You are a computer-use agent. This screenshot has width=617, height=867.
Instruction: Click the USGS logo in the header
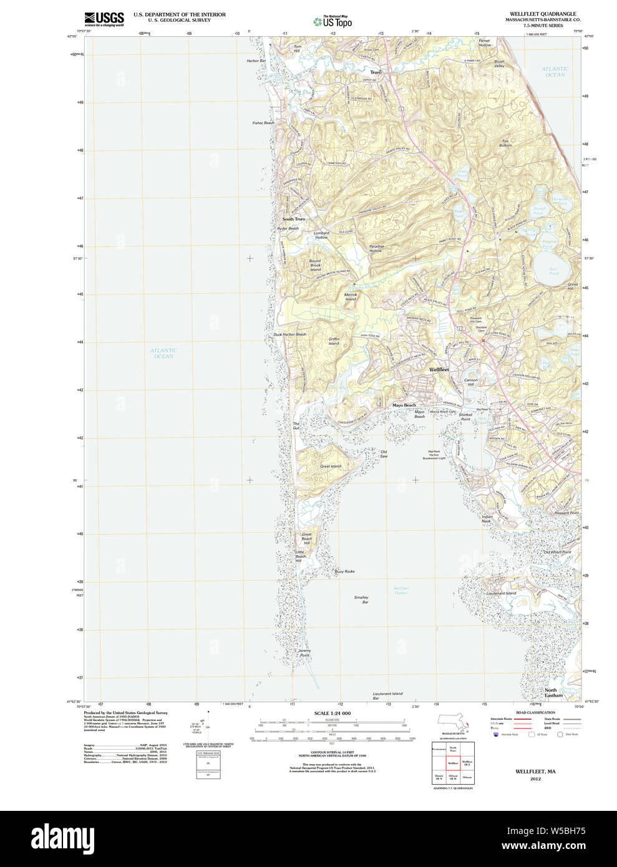coord(104,19)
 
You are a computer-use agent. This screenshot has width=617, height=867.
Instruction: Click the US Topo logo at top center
coord(333,22)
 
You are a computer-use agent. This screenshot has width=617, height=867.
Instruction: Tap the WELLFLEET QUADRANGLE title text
coord(543,14)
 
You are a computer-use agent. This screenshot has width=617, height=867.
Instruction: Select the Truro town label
coord(376,72)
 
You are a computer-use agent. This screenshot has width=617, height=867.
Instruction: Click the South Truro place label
coord(294,219)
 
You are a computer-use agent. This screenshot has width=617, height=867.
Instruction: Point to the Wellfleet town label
coord(439,370)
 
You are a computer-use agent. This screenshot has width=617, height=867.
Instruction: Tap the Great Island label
coord(330,466)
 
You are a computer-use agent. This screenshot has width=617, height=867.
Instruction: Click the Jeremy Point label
coord(304,653)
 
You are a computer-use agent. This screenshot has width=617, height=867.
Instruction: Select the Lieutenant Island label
coord(501,593)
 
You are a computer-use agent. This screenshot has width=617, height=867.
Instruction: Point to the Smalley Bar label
coord(361,599)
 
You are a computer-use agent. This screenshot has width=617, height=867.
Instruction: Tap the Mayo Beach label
coord(404,405)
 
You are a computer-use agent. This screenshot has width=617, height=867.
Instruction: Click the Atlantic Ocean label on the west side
coord(163,353)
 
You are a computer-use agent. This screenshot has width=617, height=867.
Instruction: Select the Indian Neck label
coord(487,519)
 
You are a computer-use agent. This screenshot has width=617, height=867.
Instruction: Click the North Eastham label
coord(553,692)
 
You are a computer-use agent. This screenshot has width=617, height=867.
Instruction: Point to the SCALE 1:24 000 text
coord(332,713)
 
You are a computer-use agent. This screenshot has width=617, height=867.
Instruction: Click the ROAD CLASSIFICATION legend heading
coord(535,712)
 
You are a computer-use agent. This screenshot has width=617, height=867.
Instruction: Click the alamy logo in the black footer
coord(63,838)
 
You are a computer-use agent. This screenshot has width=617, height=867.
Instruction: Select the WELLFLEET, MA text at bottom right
coord(535,772)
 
